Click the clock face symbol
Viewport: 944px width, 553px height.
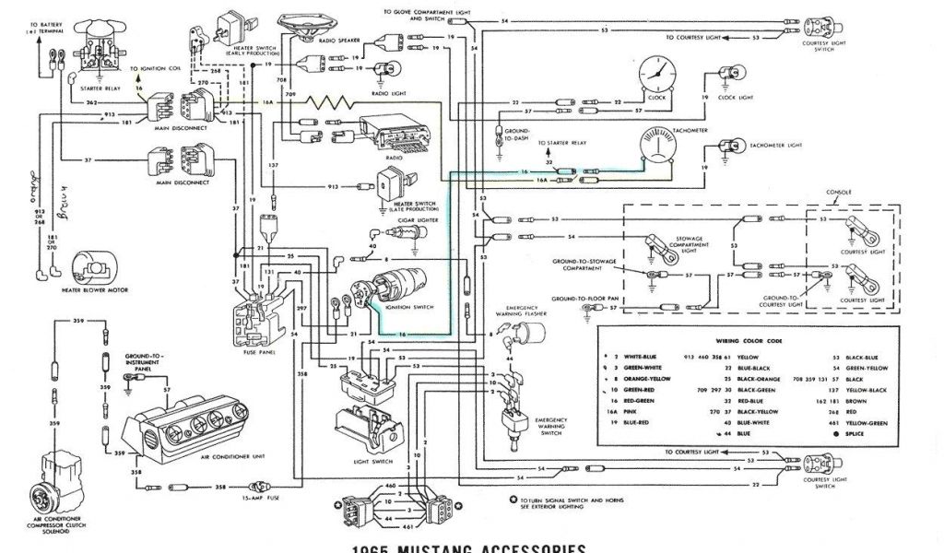click(x=655, y=72)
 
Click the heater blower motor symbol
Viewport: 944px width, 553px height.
click(x=92, y=268)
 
